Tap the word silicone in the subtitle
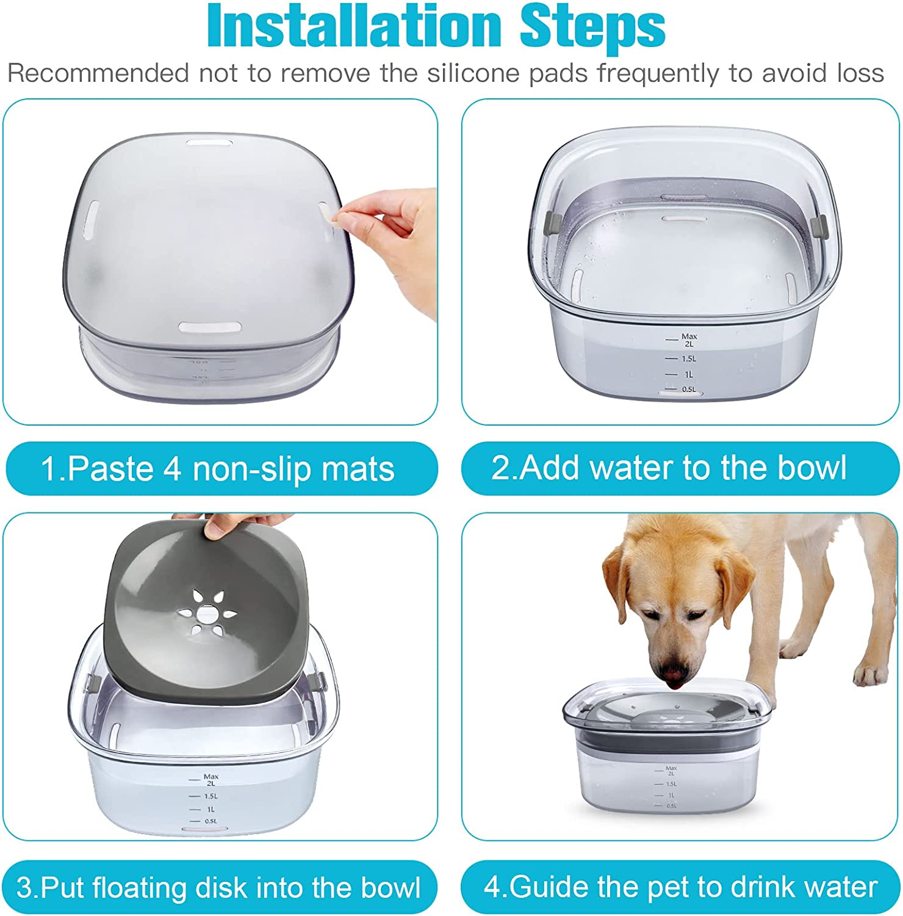[473, 73]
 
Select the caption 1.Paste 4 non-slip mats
[218, 469]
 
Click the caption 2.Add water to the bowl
[669, 468]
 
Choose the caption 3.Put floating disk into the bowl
[218, 887]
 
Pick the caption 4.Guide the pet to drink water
[680, 887]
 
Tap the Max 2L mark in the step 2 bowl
[689, 340]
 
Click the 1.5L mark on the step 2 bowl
[688, 359]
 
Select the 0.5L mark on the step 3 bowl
[210, 821]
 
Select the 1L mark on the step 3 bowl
[210, 809]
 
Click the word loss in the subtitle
[860, 73]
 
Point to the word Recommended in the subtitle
[98, 73]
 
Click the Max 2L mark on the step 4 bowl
[671, 771]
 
